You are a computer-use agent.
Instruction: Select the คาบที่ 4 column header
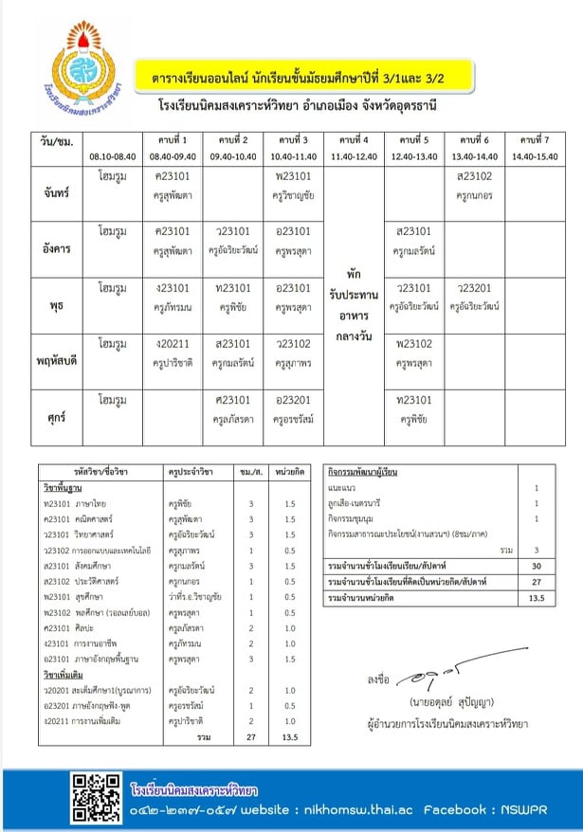coord(353,138)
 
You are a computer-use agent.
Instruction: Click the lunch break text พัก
coord(353,273)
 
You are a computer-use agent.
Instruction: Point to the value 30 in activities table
coord(536,566)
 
